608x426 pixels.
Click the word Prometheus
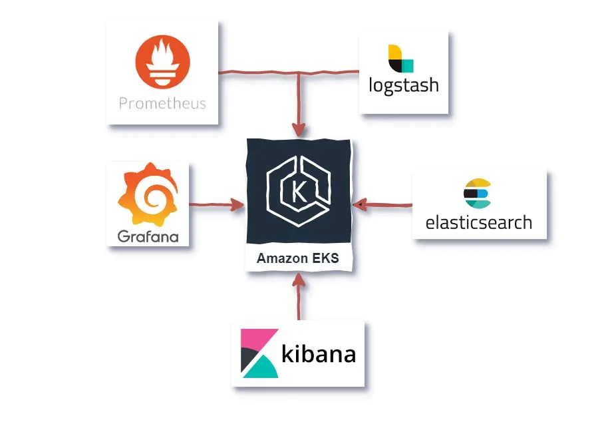pyautogui.click(x=162, y=103)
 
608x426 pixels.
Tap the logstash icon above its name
pyautogui.click(x=400, y=59)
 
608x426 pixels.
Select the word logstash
pyautogui.click(x=404, y=86)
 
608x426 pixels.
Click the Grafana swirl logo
pyautogui.click(x=147, y=194)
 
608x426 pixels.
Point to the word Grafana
pyautogui.click(x=148, y=236)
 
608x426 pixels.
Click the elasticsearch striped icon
pyautogui.click(x=477, y=194)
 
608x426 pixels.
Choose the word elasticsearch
pyautogui.click(x=479, y=222)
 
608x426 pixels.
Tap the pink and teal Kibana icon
pyautogui.click(x=259, y=353)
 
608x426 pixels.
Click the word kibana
pyautogui.click(x=319, y=353)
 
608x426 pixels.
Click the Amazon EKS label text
pyautogui.click(x=297, y=259)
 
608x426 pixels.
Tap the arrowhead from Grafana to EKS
pyautogui.click(x=237, y=205)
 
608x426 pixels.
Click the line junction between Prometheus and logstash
pyautogui.click(x=299, y=73)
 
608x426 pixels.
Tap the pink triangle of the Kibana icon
pyautogui.click(x=251, y=339)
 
